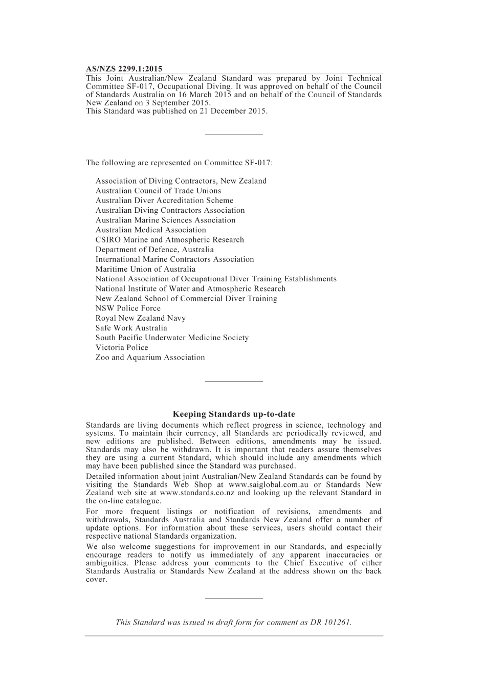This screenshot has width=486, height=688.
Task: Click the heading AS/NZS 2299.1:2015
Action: pyautogui.click(x=124, y=69)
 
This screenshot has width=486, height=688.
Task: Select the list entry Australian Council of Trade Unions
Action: pyautogui.click(x=158, y=191)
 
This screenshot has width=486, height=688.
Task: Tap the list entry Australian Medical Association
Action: pyautogui.click(x=150, y=230)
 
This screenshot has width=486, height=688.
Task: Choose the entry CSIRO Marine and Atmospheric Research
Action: pyautogui.click(x=169, y=240)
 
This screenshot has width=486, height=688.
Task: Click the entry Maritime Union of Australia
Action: pyautogui.click(x=145, y=269)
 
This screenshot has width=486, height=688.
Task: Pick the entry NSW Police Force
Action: pyautogui.click(x=128, y=308)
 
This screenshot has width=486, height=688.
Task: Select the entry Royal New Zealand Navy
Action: pyautogui.click(x=140, y=318)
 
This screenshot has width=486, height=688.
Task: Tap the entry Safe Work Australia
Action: pyautogui.click(x=131, y=328)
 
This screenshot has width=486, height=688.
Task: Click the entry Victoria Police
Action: pyautogui.click(x=122, y=347)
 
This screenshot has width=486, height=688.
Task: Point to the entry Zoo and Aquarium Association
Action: pyautogui.click(x=150, y=358)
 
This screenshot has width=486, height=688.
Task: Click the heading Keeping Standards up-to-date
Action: pyautogui.click(x=234, y=414)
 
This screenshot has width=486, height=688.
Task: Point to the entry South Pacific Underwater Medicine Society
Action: pyautogui.click(x=172, y=338)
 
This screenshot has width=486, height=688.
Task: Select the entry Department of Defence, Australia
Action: pyautogui.click(x=154, y=250)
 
